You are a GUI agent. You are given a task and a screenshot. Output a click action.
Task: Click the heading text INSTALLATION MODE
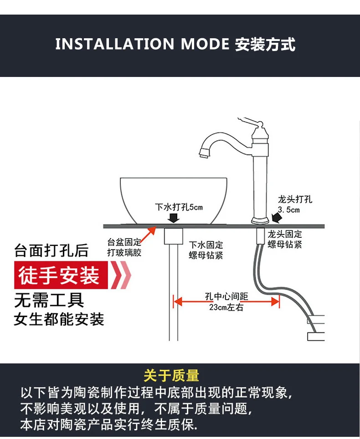(x=142, y=44)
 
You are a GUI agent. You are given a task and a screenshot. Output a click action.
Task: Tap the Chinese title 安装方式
(x=265, y=44)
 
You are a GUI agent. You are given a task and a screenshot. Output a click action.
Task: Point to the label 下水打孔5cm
(x=179, y=207)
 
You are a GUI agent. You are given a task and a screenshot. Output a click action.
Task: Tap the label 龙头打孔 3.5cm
(x=295, y=204)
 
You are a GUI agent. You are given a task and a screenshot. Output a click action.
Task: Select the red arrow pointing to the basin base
(x=148, y=235)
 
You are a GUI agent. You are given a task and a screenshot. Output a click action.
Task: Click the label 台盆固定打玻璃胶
(x=124, y=247)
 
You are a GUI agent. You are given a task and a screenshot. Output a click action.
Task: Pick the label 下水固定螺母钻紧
(x=206, y=250)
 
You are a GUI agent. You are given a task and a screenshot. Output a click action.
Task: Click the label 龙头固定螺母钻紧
(x=285, y=240)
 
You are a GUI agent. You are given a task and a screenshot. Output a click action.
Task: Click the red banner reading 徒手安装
(x=59, y=276)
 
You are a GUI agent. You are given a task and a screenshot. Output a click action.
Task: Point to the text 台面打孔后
(x=51, y=251)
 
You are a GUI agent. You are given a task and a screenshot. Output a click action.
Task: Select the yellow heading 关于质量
(x=171, y=376)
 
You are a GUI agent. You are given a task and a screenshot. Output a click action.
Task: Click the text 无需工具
(x=49, y=300)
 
